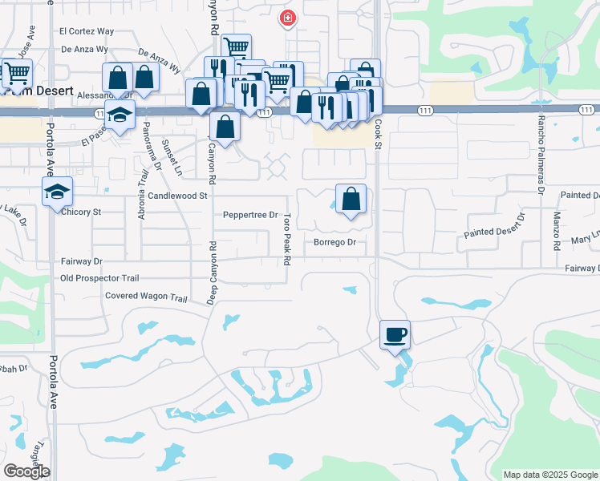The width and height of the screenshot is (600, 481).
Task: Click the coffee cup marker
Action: [395, 334]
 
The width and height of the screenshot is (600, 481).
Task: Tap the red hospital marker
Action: [286, 18]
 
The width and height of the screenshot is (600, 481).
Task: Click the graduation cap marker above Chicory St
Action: [59, 192]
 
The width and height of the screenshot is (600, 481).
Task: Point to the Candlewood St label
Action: [178, 195]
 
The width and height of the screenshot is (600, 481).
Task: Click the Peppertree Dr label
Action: [249, 215]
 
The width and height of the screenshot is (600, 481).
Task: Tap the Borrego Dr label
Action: [334, 241]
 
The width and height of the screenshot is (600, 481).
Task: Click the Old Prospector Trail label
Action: [99, 278]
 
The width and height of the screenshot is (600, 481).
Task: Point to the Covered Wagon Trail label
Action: [146, 297]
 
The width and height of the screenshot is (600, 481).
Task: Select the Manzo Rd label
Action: [557, 229]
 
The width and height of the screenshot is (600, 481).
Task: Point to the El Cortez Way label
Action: [87, 32]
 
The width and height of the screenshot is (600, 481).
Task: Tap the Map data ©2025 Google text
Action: [549, 475]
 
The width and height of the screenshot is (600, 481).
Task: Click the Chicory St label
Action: [81, 212]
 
